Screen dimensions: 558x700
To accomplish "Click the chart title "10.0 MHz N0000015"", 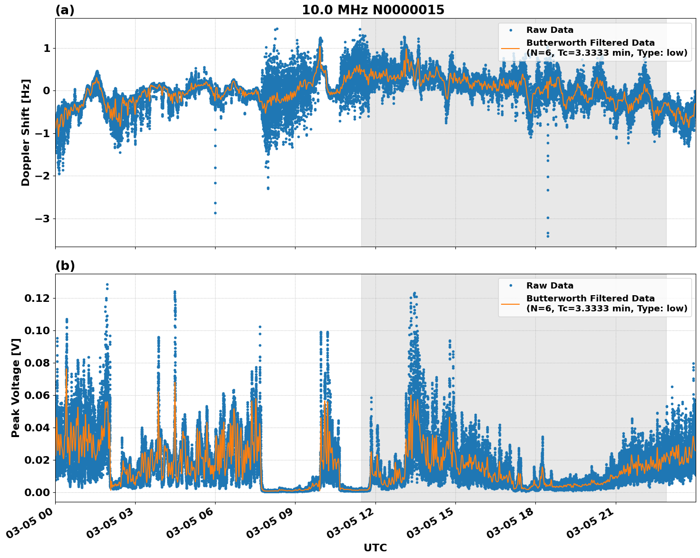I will coord(373,10).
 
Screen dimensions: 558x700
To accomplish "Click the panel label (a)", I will coord(65,10).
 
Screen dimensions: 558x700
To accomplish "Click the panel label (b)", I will coord(65,266).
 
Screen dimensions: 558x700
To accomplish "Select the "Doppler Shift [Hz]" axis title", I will coord(26,132).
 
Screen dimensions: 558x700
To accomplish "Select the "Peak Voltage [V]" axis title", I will coord(16,388).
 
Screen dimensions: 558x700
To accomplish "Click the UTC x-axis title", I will coord(375,548).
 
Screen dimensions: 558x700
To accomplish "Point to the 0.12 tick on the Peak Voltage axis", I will coord(37,298).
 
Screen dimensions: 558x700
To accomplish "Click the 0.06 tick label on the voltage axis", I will coord(37,395).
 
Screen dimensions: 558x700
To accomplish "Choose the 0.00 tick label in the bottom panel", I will coord(37,492).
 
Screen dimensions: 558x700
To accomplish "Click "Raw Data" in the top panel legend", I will coord(550,30).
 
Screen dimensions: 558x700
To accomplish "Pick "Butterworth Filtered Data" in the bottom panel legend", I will coord(590,299).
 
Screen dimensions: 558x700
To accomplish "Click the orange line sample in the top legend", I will coord(511,48).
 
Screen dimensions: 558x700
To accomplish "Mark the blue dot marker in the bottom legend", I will coord(511,286).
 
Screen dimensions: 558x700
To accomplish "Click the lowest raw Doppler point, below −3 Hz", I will coord(548,236).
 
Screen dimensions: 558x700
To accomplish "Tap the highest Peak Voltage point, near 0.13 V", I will coord(107,285).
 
